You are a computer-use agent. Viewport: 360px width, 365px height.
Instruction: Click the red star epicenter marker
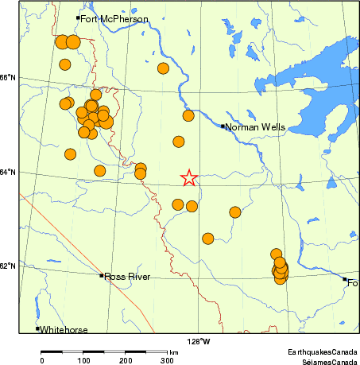tap(188, 177)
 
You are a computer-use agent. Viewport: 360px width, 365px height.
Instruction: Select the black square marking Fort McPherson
tap(78, 17)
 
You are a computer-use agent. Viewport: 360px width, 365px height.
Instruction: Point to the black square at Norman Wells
tap(223, 126)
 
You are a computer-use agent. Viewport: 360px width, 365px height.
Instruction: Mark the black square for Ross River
tap(102, 275)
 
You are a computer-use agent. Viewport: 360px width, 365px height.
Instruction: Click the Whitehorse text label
tap(64, 329)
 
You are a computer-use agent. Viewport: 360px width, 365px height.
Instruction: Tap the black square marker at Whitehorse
tap(37, 328)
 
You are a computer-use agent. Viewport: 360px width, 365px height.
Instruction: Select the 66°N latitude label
tap(8, 77)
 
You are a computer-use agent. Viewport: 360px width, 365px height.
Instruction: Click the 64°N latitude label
tap(8, 172)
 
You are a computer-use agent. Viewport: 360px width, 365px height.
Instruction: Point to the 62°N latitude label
tap(8, 266)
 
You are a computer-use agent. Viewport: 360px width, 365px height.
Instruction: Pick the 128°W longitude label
tap(199, 342)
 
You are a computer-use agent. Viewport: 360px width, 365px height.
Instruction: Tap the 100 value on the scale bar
tap(83, 360)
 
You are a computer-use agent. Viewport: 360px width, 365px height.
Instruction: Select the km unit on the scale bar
tap(173, 351)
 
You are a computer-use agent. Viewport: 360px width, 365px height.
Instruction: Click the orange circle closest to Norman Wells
tap(188, 116)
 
